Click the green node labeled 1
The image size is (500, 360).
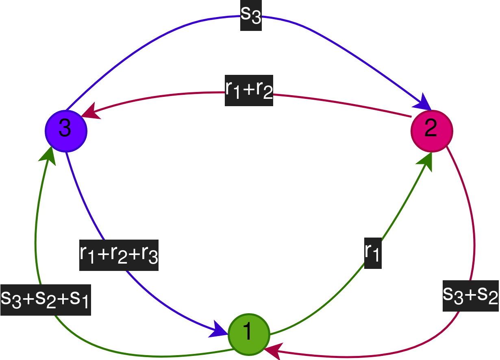pos(249,334)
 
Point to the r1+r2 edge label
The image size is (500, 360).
pos(249,90)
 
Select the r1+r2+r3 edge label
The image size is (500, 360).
pos(119,255)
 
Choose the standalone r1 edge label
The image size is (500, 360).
pos(373,253)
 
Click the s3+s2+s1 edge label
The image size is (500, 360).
pos(46,299)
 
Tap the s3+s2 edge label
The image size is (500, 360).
pos(471,296)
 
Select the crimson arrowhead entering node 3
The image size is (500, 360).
pos(90,112)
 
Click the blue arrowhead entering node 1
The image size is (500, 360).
pos(218,329)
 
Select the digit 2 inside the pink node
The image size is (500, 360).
pos(431,129)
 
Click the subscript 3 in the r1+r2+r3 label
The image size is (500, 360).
pos(153,259)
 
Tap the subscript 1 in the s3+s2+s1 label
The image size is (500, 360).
pos(84,303)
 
